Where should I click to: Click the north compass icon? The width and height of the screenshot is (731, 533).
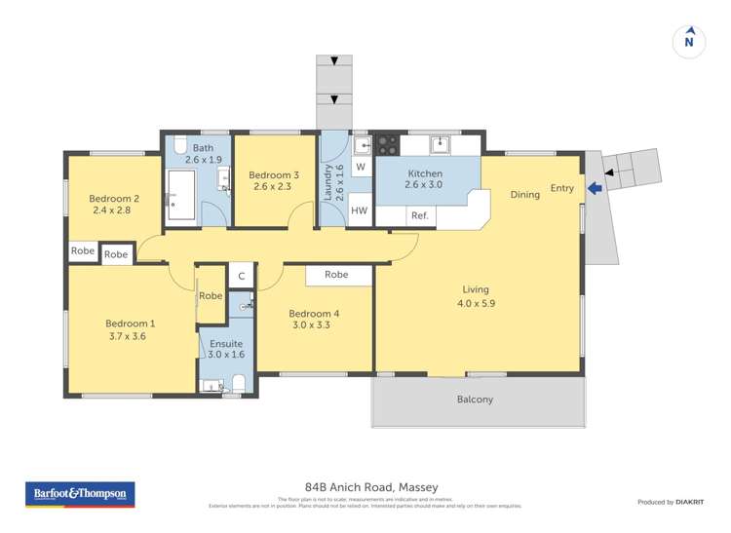(689, 40)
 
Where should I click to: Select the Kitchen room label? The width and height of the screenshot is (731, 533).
(425, 172)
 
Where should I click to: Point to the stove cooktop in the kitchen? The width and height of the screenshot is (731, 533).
(387, 145)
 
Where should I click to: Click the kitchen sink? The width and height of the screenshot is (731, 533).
(441, 144)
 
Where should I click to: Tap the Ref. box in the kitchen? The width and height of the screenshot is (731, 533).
(419, 215)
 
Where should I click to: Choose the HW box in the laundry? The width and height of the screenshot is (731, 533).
(360, 211)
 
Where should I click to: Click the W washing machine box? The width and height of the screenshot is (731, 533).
(360, 168)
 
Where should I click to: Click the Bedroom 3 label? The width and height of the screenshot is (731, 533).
(276, 174)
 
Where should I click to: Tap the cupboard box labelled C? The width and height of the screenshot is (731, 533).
(241, 277)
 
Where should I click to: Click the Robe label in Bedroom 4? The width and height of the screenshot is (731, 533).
(337, 276)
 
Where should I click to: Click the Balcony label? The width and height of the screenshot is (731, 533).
(476, 400)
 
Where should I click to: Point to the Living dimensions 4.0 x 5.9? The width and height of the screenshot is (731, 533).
(476, 302)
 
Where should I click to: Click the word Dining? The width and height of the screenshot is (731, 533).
(525, 195)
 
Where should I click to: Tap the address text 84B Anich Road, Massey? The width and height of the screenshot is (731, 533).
(365, 486)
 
